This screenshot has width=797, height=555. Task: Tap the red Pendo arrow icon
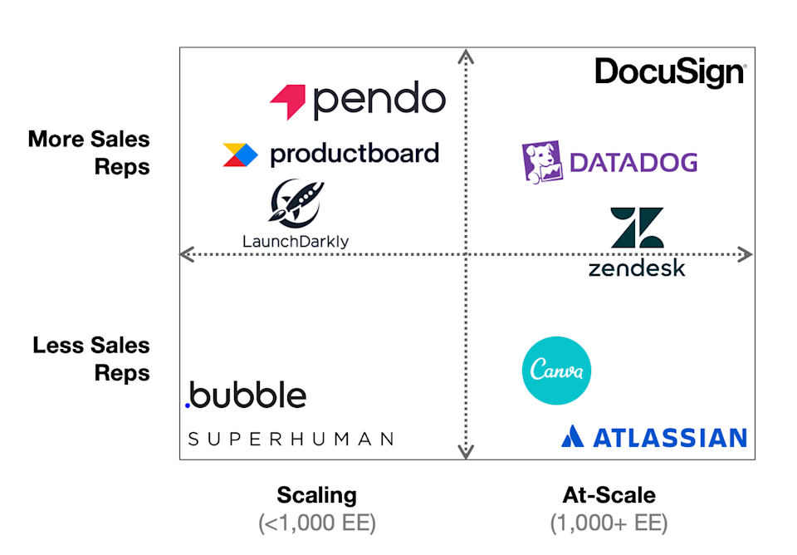click(x=288, y=101)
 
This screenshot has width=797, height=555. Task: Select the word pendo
click(x=379, y=101)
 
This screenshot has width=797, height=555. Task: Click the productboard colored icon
click(x=240, y=155)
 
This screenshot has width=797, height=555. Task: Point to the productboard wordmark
click(x=354, y=154)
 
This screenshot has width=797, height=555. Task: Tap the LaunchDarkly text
click(x=296, y=242)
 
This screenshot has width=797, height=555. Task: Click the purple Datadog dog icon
click(x=542, y=162)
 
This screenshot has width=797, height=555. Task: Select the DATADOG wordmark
click(x=633, y=162)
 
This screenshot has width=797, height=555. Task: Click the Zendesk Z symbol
click(x=637, y=227)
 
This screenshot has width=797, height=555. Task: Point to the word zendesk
click(x=637, y=268)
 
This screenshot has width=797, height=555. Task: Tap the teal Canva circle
click(x=556, y=371)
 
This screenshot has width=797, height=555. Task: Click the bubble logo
click(x=245, y=395)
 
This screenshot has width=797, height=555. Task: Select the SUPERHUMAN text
click(x=291, y=439)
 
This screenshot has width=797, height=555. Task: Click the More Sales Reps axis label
click(x=89, y=152)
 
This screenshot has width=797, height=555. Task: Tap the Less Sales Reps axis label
click(x=91, y=359)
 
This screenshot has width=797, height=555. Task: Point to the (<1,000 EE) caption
click(x=316, y=523)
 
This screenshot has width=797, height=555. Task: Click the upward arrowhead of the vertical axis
click(x=466, y=56)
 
